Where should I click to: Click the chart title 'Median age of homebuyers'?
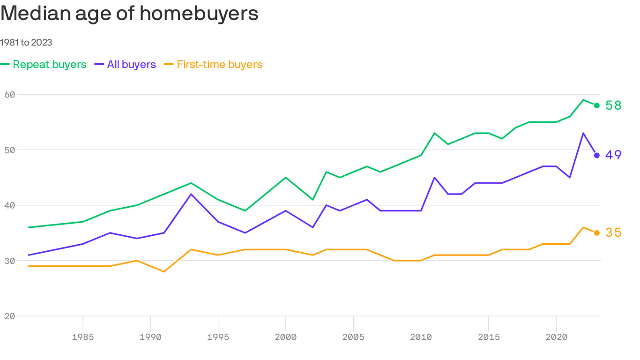pyautogui.click(x=129, y=14)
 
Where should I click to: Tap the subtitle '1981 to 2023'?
pyautogui.click(x=26, y=43)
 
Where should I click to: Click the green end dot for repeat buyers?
pyautogui.click(x=596, y=105)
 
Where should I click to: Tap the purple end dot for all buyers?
pyautogui.click(x=596, y=155)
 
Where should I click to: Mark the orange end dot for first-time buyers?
pyautogui.click(x=596, y=233)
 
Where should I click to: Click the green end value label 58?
pyautogui.click(x=613, y=105)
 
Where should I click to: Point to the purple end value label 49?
pyautogui.click(x=613, y=155)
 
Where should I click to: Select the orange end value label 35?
pyautogui.click(x=613, y=233)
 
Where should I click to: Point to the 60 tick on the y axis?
pyautogui.click(x=10, y=94)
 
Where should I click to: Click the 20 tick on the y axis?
pyautogui.click(x=10, y=316)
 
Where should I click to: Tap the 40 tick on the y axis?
pyautogui.click(x=10, y=205)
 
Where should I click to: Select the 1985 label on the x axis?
pyautogui.click(x=83, y=337)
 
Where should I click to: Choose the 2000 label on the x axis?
pyautogui.click(x=286, y=337)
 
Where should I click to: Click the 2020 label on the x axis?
pyautogui.click(x=556, y=337)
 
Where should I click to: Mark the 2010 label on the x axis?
pyautogui.click(x=421, y=337)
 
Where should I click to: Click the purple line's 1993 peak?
pyautogui.click(x=191, y=194)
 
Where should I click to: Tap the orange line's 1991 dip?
pyautogui.click(x=164, y=271)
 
